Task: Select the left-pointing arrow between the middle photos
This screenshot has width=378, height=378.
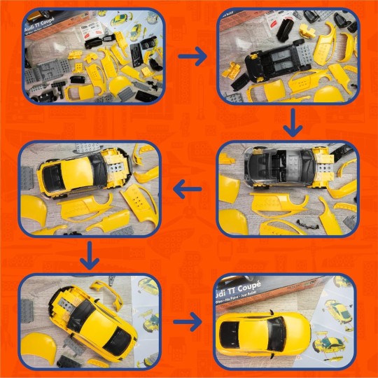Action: click(188, 188)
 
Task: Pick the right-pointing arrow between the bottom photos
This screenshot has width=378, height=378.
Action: click(187, 322)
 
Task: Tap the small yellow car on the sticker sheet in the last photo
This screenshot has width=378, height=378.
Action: click(328, 342)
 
